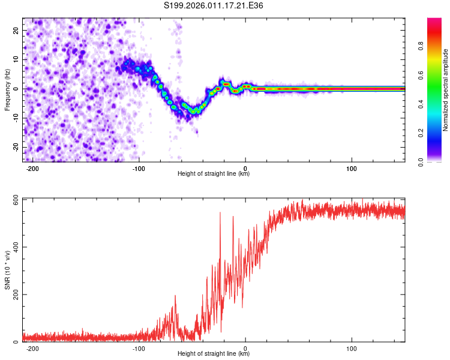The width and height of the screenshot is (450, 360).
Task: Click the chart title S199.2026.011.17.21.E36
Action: click(214, 5)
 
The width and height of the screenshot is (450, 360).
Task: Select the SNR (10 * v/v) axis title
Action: click(7, 269)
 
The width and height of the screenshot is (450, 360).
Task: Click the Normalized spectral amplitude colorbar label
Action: click(446, 90)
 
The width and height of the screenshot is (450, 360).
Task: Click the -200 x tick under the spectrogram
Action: click(32, 168)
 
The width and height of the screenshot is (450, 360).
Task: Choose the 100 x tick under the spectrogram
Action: click(352, 168)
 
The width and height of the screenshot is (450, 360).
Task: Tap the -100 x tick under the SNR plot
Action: click(139, 348)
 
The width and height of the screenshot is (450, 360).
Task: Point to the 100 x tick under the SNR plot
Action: click(352, 348)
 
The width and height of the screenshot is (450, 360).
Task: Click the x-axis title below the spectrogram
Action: click(214, 174)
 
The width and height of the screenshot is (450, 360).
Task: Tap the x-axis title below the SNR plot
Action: click(214, 354)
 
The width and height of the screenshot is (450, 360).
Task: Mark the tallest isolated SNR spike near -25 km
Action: click(220, 212)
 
